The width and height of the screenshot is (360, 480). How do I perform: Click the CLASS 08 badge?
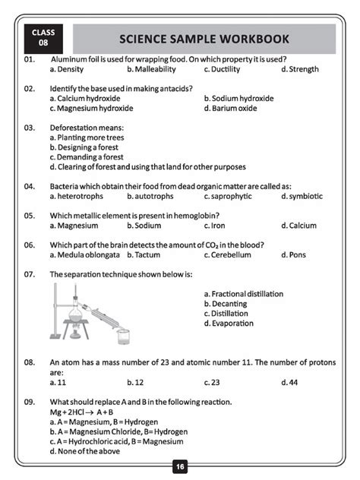coord(43,38)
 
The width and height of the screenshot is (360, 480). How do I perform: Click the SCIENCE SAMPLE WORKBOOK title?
coord(204,39)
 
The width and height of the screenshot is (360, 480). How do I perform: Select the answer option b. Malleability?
coord(152,69)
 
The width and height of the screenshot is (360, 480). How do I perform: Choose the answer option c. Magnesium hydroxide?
coord(90,108)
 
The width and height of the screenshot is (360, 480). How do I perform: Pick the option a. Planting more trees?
coord(87,137)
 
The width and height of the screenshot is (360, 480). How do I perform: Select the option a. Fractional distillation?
coord(243,294)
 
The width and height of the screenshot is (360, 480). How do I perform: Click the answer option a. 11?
coord(58,382)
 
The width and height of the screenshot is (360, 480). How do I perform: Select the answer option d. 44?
coord(289,382)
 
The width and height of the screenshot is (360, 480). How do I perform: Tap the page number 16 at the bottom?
coord(180,466)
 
